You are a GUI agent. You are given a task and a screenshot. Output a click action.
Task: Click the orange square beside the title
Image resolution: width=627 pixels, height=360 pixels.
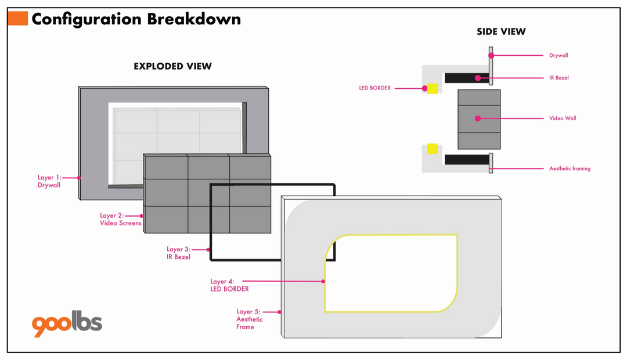click(18, 19)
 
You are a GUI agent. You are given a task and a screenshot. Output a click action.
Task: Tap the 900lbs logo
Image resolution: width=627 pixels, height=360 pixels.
click(67, 323)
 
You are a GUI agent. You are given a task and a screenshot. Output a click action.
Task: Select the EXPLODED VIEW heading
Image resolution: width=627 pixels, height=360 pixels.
click(173, 66)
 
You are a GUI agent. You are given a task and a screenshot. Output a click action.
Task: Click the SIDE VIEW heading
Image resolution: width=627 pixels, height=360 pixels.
click(501, 31)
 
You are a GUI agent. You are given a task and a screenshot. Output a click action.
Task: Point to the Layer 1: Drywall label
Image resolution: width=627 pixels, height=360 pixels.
click(49, 181)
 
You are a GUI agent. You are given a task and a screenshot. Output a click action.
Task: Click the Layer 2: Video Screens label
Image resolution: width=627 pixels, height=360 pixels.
click(120, 219)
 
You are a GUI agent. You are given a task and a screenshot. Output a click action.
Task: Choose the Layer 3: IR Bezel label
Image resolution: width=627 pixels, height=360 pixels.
click(178, 253)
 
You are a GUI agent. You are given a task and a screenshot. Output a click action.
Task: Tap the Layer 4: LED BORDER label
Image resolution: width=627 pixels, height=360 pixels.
click(229, 285)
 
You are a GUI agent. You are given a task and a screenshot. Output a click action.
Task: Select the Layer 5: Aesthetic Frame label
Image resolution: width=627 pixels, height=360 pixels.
click(249, 319)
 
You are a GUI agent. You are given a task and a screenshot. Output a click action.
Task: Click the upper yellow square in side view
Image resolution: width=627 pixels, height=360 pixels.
click(433, 88)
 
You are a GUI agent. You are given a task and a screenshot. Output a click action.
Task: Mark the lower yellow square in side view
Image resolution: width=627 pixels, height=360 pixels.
click(433, 149)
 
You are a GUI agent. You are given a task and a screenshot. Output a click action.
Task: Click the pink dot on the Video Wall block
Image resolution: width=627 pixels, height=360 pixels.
click(478, 118)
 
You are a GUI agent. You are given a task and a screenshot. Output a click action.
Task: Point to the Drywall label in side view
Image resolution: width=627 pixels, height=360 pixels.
click(558, 55)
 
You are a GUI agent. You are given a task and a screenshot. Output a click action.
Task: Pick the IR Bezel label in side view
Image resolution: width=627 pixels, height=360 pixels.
click(559, 78)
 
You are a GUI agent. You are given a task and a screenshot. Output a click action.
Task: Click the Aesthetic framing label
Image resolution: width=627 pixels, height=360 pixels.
click(570, 168)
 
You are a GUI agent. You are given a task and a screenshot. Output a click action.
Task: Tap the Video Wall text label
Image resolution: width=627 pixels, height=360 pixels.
click(563, 118)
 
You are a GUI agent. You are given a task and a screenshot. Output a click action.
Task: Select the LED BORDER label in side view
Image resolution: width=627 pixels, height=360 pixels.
click(374, 88)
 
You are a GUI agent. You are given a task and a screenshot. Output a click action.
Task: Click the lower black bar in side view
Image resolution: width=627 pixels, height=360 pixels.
click(467, 160)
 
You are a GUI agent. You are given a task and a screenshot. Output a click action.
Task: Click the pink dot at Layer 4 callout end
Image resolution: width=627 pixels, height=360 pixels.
click(323, 282)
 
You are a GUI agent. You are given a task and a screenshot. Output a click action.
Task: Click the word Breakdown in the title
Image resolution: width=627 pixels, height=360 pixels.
click(194, 19)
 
